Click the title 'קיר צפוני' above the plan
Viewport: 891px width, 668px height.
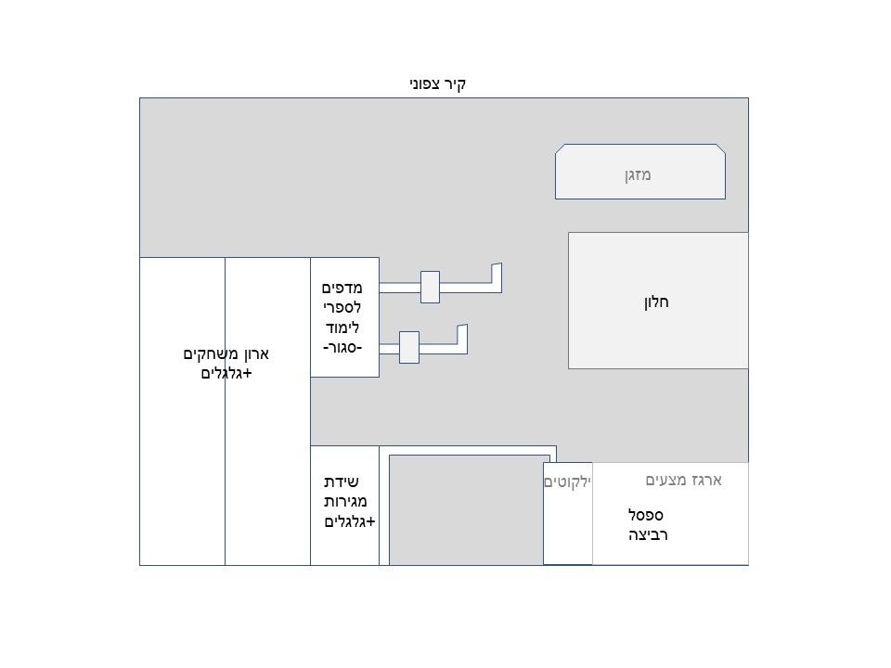437,84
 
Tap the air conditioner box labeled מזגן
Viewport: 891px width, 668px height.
640,172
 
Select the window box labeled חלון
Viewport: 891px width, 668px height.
658,301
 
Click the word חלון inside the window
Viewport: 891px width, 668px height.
656,302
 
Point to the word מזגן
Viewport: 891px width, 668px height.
638,175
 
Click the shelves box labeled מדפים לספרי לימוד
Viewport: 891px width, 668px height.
345,317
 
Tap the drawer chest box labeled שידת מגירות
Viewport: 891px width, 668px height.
345,506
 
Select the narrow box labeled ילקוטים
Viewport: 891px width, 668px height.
568,513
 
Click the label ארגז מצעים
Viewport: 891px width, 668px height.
684,481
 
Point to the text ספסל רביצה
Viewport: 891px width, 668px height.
648,525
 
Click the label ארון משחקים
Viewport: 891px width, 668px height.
226,354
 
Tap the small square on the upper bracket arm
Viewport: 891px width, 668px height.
430,287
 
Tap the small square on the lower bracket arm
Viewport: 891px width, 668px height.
409,347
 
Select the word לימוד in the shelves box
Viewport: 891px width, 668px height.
342,328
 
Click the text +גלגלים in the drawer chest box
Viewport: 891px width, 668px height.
350,521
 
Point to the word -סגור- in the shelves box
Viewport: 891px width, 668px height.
342,348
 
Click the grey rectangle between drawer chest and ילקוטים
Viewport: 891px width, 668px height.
470,510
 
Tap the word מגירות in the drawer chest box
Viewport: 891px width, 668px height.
345,502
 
